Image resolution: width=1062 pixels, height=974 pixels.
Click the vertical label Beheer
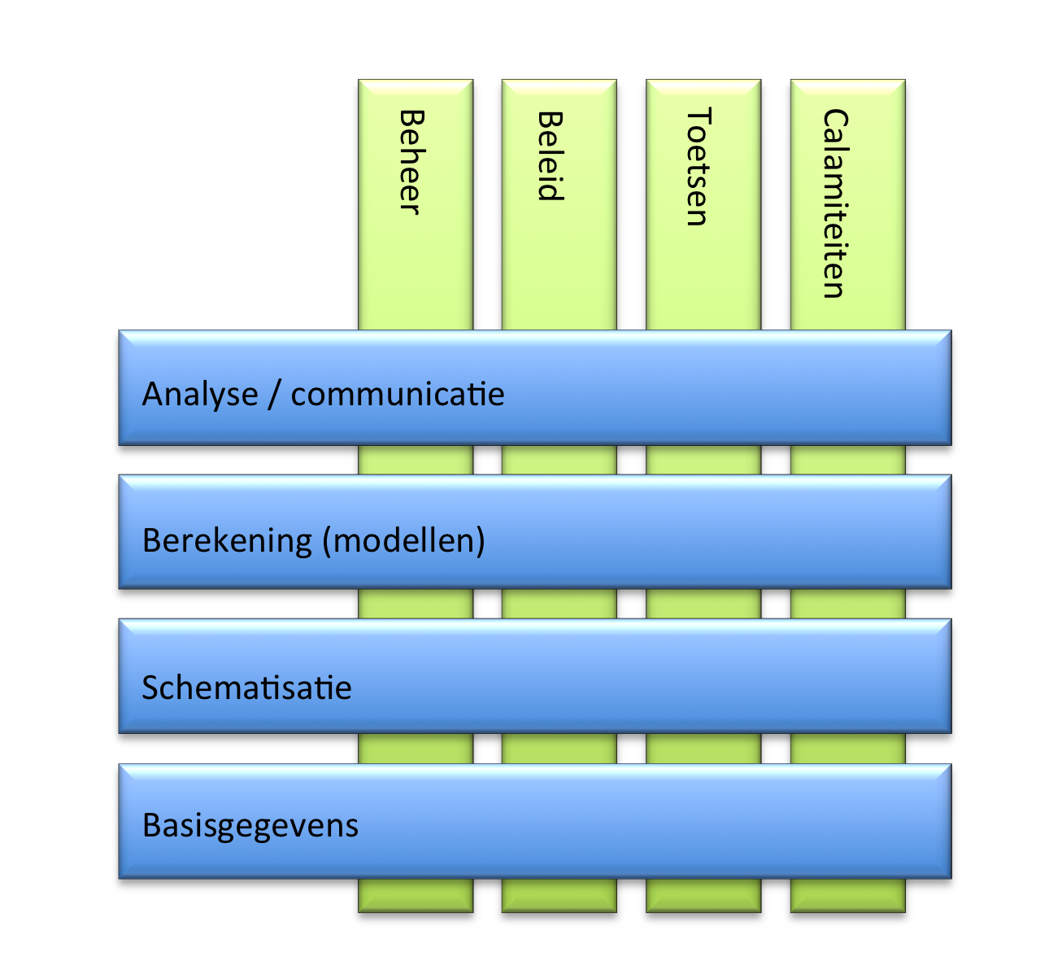(411, 162)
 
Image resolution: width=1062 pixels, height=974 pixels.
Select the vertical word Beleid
(551, 155)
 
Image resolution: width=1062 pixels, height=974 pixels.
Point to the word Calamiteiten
(835, 203)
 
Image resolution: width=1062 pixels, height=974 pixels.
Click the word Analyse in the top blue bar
(200, 394)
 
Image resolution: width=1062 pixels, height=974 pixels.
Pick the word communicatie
(398, 394)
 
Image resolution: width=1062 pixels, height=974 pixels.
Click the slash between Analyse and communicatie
(275, 394)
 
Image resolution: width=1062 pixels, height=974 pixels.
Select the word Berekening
(227, 540)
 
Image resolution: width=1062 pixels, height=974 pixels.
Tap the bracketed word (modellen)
(403, 540)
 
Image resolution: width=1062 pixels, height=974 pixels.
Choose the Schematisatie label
(246, 688)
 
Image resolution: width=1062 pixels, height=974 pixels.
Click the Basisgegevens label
(250, 825)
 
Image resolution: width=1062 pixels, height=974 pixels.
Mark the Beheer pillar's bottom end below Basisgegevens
(416, 895)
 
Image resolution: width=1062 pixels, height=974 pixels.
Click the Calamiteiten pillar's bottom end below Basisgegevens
(848, 895)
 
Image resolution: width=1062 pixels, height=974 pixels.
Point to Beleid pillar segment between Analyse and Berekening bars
(559, 460)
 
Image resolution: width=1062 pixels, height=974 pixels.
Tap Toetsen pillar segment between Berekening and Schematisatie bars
(703, 604)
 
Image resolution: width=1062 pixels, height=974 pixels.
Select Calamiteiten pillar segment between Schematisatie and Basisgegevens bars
(848, 749)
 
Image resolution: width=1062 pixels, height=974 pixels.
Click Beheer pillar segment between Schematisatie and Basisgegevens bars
(416, 749)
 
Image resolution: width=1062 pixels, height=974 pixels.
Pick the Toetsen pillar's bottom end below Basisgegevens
(703, 895)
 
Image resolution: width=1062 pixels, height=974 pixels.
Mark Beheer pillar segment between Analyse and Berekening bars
(416, 460)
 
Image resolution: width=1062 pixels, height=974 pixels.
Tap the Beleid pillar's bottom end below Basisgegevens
(559, 895)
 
